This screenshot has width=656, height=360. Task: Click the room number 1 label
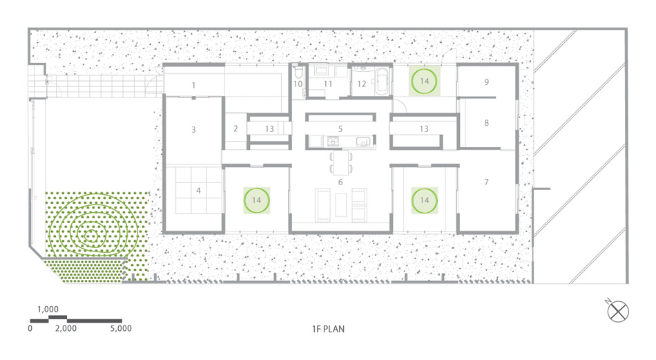coord(194,86)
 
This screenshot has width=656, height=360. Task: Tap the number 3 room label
coord(194,130)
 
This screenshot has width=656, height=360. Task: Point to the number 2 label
coord(235,129)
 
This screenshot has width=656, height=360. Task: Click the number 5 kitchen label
coord(340,129)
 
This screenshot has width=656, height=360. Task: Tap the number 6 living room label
coord(340,182)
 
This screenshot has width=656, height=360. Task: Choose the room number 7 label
coord(487,182)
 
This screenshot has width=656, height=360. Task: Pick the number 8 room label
coord(487,123)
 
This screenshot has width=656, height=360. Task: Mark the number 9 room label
coord(487,82)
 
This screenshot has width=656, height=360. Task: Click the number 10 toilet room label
coord(298,84)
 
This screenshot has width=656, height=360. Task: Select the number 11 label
coord(328,84)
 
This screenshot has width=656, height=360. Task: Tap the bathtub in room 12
coord(382,81)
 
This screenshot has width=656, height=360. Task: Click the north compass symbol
coord(618,312)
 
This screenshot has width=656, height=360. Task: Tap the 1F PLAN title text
coord(329,329)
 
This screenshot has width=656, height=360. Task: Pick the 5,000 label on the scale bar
coord(121,329)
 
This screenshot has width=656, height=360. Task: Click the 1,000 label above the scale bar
coord(48,310)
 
